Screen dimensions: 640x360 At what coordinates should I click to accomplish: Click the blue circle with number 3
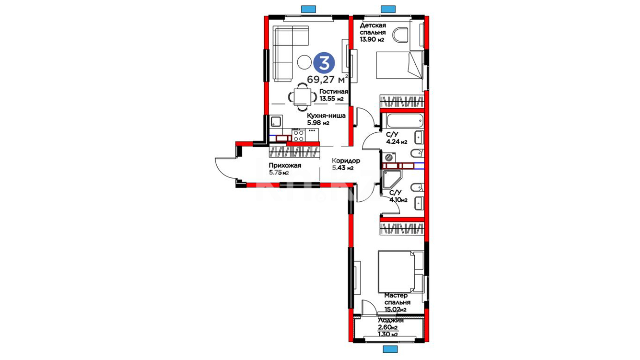coord(324,63)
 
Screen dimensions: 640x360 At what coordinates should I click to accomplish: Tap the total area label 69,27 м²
coord(327,79)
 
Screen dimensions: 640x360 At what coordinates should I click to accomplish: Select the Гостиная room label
coord(334,92)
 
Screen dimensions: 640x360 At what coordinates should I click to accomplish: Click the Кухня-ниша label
coord(326,116)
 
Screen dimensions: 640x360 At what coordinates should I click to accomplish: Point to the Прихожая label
coord(285,165)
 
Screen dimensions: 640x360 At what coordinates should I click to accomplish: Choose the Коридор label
coord(346,161)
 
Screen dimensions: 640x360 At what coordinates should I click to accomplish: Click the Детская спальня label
coord(373,29)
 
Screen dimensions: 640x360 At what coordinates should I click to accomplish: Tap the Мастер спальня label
coord(397,299)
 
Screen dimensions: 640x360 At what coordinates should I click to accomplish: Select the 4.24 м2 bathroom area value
coord(397,142)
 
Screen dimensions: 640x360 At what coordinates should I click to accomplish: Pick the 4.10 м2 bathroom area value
coord(398,200)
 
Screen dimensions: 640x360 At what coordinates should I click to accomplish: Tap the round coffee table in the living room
coord(304,62)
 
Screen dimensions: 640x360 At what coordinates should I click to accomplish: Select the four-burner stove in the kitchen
coord(298,136)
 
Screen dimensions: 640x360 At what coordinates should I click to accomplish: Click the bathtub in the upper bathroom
coord(402,120)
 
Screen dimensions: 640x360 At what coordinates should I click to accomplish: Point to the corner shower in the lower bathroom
coord(392,179)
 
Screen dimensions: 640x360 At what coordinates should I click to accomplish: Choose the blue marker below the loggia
coord(390,349)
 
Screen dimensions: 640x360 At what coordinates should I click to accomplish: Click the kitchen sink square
coord(276,121)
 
